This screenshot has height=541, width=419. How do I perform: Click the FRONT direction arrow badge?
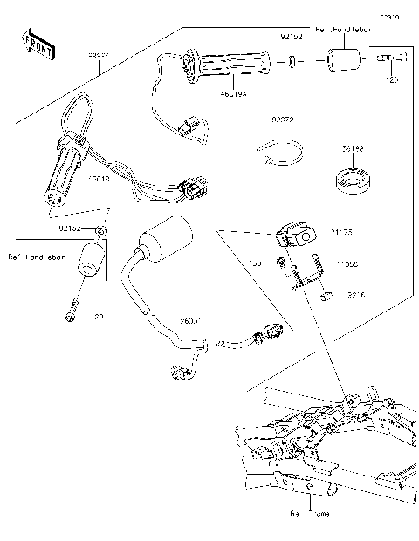click(36, 41)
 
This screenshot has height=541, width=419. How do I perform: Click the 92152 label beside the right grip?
click(291, 38)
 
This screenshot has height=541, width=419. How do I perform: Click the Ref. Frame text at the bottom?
click(311, 514)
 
